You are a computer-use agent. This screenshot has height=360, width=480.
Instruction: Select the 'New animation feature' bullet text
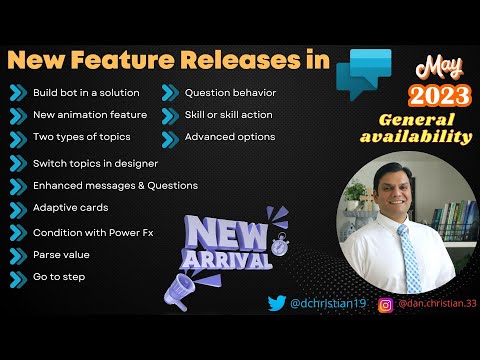pyautogui.click(x=90, y=115)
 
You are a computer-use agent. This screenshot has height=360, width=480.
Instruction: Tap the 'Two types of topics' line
pyautogui.click(x=81, y=137)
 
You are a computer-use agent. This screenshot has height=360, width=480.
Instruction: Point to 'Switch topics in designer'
pyautogui.click(x=95, y=163)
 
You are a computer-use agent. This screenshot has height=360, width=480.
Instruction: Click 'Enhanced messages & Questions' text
pyautogui.click(x=115, y=185)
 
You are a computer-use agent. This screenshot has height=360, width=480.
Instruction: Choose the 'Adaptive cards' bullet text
pyautogui.click(x=70, y=208)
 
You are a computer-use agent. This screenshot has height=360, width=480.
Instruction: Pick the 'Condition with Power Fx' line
pyautogui.click(x=94, y=231)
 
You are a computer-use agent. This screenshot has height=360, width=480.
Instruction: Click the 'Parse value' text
pyautogui.click(x=62, y=254)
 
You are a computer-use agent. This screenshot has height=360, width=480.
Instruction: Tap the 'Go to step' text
pyautogui.click(x=60, y=276)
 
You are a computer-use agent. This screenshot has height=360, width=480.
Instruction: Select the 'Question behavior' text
pyautogui.click(x=230, y=93)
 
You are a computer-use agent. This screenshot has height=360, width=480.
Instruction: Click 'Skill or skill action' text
pyautogui.click(x=231, y=115)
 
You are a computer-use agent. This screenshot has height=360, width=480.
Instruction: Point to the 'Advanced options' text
pyautogui.click(x=230, y=137)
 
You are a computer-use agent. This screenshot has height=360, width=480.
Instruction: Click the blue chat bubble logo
pyautogui.click(x=363, y=70)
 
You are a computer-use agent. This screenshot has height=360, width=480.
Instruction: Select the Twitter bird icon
pyautogui.click(x=277, y=303)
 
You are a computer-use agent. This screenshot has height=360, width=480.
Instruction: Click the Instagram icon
pyautogui.click(x=385, y=303)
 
